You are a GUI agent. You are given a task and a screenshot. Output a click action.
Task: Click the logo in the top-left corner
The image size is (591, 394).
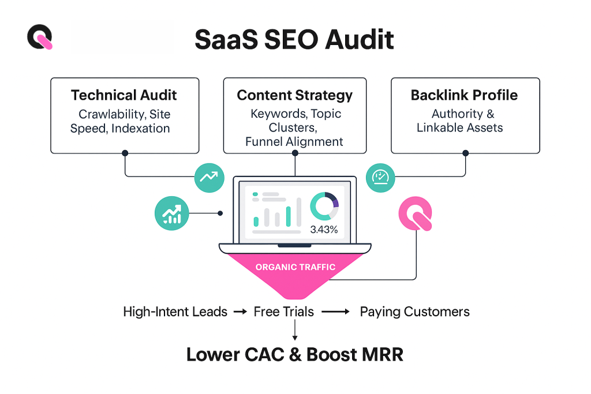(x=39, y=37)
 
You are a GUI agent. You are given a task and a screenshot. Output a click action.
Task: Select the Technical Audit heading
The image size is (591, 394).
(x=124, y=95)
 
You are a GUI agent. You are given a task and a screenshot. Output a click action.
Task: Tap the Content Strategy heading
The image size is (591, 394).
(x=294, y=95)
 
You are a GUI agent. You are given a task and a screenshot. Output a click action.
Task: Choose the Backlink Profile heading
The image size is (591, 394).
(x=464, y=95)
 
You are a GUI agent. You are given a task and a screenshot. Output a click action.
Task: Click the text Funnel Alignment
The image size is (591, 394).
(x=294, y=141)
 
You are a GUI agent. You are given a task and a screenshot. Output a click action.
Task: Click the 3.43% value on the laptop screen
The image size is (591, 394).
(x=324, y=229)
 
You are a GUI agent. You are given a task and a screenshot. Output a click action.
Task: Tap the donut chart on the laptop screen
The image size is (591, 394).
(x=324, y=207)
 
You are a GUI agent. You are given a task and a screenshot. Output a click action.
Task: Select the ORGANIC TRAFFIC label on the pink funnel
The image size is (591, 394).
(x=295, y=267)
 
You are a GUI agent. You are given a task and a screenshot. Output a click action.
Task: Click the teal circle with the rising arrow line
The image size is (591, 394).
(x=208, y=177)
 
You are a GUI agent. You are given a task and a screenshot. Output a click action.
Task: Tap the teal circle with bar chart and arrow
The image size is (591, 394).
(x=171, y=213)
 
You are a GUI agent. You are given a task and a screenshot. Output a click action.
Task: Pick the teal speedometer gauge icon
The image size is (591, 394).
(x=380, y=177)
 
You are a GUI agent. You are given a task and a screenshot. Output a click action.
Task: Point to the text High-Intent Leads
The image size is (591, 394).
(x=175, y=312)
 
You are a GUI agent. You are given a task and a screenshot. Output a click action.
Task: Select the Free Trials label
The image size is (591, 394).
(x=283, y=312)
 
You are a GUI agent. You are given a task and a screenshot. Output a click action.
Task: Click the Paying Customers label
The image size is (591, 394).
(x=414, y=312)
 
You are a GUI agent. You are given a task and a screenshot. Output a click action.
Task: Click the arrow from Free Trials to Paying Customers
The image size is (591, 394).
(x=335, y=312)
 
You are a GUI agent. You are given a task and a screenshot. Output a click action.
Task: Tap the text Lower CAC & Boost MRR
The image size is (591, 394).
(x=294, y=354)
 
